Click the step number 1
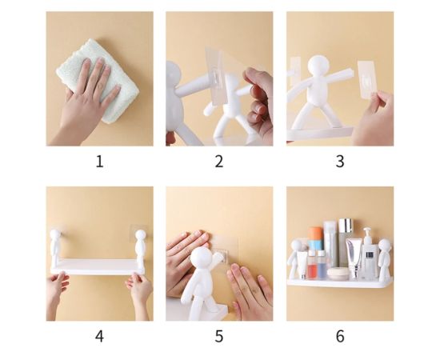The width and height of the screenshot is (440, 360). pos(99,162)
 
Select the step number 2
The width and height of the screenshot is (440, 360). pos(219,162)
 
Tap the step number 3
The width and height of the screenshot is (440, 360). pos(339,162)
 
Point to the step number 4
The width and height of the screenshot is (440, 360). pos(99,336)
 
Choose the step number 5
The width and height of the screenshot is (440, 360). pos(219,336)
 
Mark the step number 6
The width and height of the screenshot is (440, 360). pos(339,336)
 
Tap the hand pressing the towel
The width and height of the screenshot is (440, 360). pos(88,100)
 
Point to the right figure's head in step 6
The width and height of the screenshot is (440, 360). pos(385,246)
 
